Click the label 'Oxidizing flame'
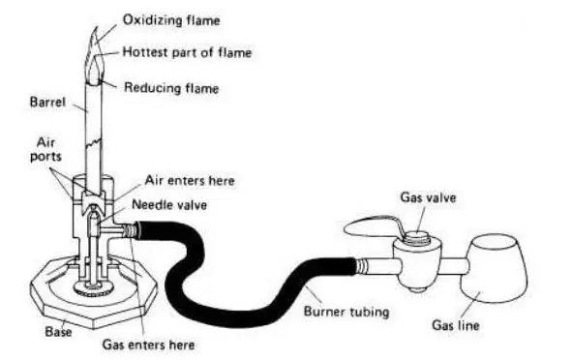171,20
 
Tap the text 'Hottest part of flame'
187,52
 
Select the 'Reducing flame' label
171,88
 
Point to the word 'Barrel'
47,102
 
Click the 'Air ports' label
45,149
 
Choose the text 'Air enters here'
190,180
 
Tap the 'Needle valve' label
169,204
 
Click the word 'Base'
58,332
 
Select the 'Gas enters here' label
148,345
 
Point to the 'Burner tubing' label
346,312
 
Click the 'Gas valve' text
428,197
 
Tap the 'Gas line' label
456,325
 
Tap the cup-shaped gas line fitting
494,268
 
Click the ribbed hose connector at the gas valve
361,265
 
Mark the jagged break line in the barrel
94,142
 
